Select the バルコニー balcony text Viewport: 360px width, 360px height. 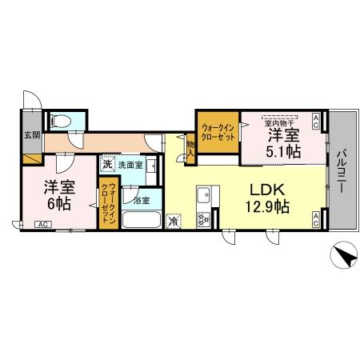pyautogui.click(x=342, y=170)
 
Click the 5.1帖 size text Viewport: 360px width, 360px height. pyautogui.click(x=284, y=150)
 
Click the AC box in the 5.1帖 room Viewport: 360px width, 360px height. pyautogui.click(x=317, y=122)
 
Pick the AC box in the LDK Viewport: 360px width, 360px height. pyautogui.click(x=317, y=220)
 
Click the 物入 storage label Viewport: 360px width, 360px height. pyautogui.click(x=191, y=147)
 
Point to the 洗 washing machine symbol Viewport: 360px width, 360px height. pyautogui.click(x=106, y=165)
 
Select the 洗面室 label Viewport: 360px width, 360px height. pyautogui.click(x=130, y=166)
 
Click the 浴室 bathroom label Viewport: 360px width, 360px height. pyautogui.click(x=142, y=198)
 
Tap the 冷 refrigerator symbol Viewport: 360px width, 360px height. pyautogui.click(x=174, y=219)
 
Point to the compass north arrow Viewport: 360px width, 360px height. pyautogui.click(x=342, y=258)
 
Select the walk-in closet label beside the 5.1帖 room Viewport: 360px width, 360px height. pyautogui.click(x=218, y=131)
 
